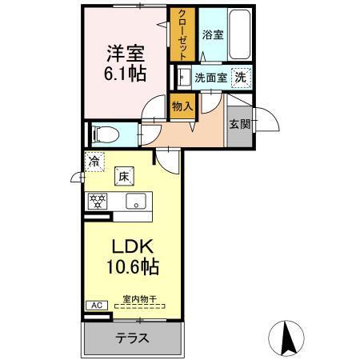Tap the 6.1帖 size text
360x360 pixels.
[x=123, y=74]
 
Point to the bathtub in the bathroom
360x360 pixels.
[x=240, y=34]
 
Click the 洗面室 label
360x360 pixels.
[x=210, y=78]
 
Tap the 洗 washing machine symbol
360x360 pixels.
[x=239, y=78]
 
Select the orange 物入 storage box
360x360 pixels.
[x=182, y=106]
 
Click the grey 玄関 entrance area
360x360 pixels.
[x=238, y=125]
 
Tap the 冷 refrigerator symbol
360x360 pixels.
[x=94, y=161]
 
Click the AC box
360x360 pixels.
[x=94, y=305]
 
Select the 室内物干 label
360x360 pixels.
[x=139, y=299]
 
